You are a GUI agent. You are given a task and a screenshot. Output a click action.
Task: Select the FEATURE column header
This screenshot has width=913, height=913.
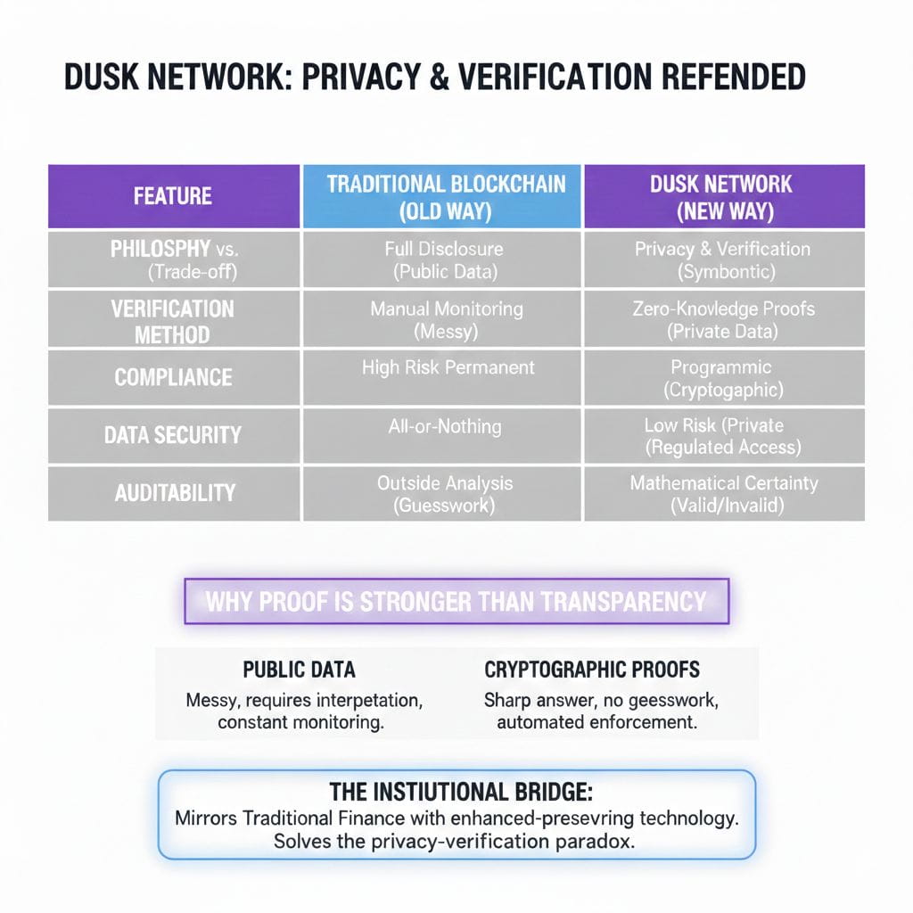click(173, 196)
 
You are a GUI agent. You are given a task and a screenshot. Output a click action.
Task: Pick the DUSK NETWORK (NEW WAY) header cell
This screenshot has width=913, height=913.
click(724, 197)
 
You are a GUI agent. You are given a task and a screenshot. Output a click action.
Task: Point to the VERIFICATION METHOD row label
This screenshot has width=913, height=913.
click(173, 322)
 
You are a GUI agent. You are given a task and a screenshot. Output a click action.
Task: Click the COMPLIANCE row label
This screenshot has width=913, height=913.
click(173, 377)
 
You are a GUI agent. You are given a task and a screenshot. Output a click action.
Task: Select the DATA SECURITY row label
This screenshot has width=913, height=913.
click(173, 435)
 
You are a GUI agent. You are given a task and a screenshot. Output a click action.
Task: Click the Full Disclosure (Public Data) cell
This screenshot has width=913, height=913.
click(444, 259)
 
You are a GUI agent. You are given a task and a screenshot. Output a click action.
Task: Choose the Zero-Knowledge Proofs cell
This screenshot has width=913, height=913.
click(724, 320)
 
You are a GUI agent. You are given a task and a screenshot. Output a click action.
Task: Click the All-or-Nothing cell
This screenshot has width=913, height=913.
click(444, 426)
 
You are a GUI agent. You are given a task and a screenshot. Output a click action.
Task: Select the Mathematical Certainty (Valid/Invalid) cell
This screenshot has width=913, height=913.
click(724, 493)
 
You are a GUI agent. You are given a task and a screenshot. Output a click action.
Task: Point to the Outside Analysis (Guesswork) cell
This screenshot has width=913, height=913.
click(444, 493)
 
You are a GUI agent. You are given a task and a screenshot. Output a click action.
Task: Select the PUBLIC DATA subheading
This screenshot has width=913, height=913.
click(299, 670)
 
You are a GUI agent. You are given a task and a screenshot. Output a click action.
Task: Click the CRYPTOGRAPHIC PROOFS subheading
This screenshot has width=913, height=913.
click(592, 670)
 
